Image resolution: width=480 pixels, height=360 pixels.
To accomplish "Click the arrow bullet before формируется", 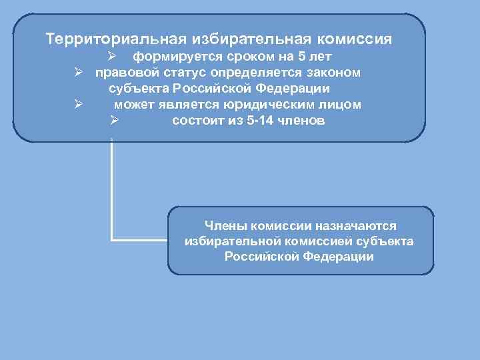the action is point(114,56).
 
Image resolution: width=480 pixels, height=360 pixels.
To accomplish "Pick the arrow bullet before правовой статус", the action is point(78,72).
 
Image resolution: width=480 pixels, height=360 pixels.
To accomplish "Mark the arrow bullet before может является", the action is point(78,105).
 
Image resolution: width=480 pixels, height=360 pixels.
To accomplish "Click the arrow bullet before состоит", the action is point(114,121).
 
